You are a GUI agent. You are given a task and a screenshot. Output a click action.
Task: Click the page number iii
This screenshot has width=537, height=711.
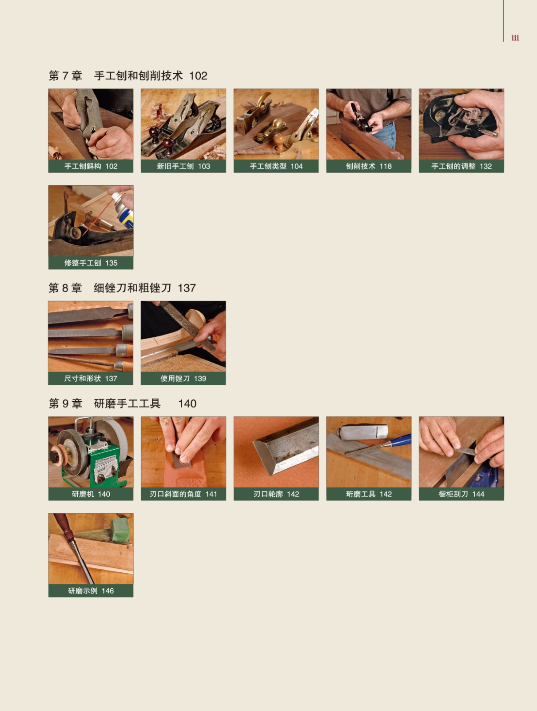(x=515, y=38)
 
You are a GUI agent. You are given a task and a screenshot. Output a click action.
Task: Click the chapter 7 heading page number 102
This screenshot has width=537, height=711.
(x=198, y=76)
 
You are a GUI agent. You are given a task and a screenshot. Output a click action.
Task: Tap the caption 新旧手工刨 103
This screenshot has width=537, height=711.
(x=183, y=166)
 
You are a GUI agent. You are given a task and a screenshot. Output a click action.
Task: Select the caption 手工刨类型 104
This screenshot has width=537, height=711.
(x=276, y=166)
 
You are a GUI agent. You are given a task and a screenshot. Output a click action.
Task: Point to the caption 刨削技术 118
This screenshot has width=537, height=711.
(x=369, y=166)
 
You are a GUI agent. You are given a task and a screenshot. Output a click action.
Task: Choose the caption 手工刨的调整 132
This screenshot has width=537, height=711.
(x=461, y=166)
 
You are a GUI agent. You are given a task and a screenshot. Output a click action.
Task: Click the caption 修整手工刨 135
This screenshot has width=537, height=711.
(x=91, y=263)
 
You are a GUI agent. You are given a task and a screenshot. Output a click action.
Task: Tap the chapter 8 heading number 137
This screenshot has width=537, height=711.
(x=187, y=288)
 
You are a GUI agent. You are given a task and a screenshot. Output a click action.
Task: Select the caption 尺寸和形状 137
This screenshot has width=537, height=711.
(x=91, y=378)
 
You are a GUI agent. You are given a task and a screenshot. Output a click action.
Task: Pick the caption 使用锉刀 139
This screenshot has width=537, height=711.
(x=183, y=378)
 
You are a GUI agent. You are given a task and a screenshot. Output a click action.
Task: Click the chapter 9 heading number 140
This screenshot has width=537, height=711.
(x=187, y=403)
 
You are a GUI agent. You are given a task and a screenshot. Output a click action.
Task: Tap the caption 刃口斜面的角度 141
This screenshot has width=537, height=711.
(x=183, y=494)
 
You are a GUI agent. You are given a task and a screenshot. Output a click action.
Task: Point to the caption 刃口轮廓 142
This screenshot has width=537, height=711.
(x=276, y=494)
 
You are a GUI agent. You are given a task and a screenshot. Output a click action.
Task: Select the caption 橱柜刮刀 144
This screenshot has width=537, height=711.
(x=461, y=494)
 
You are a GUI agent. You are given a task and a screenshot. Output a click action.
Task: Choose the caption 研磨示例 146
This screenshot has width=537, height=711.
(x=91, y=591)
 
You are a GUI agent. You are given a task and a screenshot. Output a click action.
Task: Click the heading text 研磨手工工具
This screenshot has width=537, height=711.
(x=127, y=403)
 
